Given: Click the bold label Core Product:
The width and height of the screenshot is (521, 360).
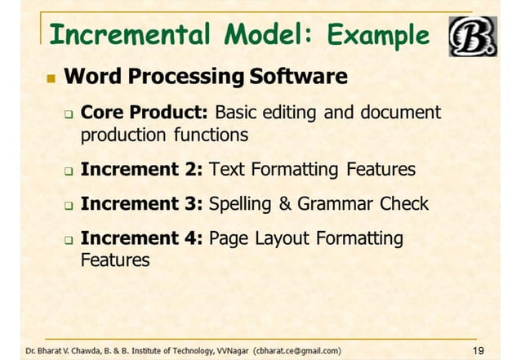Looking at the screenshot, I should click(x=146, y=112).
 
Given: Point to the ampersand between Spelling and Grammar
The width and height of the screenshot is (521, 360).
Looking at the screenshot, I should click(x=285, y=204).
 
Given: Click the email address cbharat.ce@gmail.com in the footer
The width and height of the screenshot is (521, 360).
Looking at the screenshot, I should click(x=297, y=351).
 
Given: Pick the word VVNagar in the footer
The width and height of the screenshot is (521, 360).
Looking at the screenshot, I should click(x=233, y=351).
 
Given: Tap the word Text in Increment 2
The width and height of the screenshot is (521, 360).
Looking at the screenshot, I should click(x=225, y=170).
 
